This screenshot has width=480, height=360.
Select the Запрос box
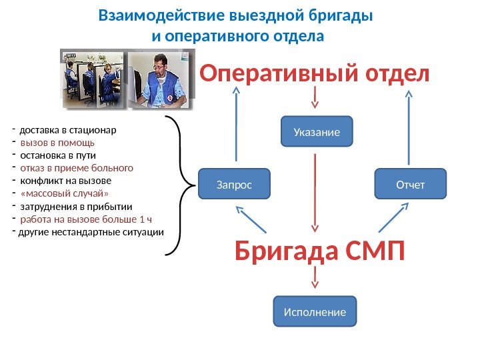(234, 184)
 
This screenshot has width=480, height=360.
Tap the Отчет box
(410, 184)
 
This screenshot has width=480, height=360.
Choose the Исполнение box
(315, 311)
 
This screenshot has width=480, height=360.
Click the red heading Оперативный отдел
(315, 74)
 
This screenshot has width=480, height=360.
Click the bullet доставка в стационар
(67, 130)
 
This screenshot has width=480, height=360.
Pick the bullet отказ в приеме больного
(77, 168)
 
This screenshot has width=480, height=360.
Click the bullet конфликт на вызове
(66, 181)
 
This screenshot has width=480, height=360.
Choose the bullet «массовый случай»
(64, 193)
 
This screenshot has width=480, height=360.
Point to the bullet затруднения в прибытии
(76, 206)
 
